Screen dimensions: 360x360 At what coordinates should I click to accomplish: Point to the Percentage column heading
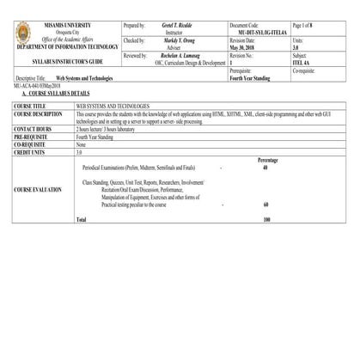pyautogui.click(x=267, y=160)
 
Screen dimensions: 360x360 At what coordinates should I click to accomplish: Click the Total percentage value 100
pyautogui.click(x=266, y=220)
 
